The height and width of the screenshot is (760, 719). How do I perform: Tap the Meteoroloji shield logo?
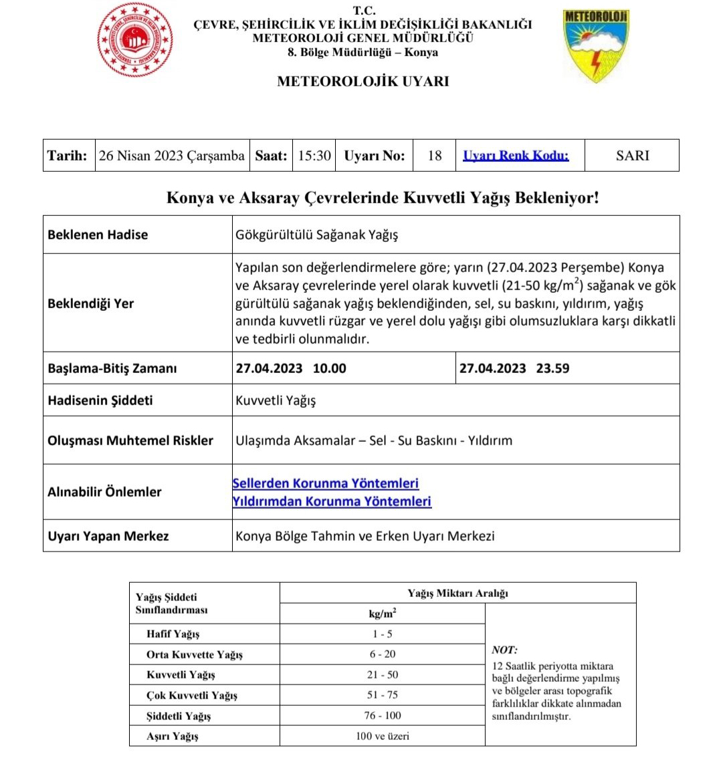click(596, 45)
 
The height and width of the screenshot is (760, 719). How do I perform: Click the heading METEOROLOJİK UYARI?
click(363, 82)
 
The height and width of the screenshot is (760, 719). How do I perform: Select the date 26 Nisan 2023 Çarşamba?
click(171, 156)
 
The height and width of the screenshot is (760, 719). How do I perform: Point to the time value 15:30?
click(314, 156)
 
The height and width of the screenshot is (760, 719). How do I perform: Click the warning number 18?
click(434, 156)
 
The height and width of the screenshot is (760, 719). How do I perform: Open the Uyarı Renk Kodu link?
click(516, 156)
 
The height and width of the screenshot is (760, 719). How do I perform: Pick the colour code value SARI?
click(632, 156)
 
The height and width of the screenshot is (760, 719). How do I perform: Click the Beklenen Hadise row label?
click(98, 235)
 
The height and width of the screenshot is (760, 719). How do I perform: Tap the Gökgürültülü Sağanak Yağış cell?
click(316, 235)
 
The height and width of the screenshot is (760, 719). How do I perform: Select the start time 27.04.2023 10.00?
click(291, 368)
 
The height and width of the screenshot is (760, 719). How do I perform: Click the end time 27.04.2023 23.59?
click(514, 368)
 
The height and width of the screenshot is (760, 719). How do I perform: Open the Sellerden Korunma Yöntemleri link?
click(326, 483)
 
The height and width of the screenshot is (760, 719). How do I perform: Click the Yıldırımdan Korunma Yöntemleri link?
click(332, 501)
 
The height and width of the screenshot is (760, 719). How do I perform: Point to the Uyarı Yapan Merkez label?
click(108, 536)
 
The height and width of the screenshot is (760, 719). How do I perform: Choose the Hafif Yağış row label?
click(173, 634)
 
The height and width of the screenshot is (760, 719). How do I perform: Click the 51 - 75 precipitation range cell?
click(382, 695)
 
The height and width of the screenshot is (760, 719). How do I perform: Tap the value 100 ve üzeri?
click(382, 736)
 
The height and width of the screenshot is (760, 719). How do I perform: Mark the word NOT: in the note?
click(504, 650)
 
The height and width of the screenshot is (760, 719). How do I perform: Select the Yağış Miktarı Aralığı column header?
click(457, 594)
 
